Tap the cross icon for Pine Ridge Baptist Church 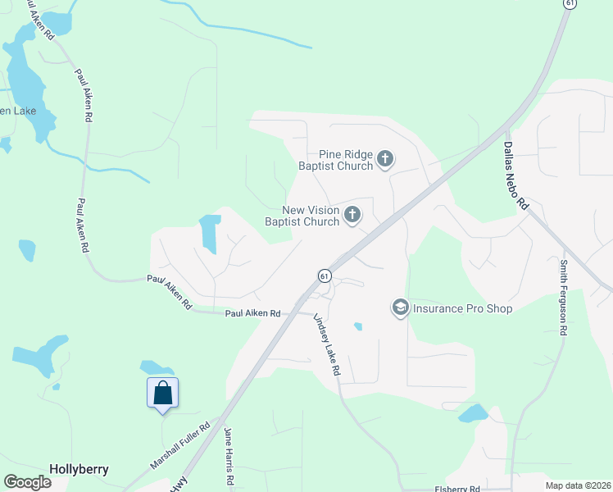tap(385, 159)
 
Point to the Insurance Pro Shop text tap(462, 308)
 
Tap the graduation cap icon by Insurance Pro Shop tap(401, 307)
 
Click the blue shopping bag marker tap(162, 393)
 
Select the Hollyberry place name tap(79, 469)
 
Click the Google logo tap(27, 482)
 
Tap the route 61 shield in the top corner tap(568, 4)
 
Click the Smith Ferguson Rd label tap(564, 298)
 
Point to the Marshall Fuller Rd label tap(180, 446)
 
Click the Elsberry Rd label tap(457, 489)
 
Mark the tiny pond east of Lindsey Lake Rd tap(358, 326)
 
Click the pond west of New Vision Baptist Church tap(211, 233)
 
